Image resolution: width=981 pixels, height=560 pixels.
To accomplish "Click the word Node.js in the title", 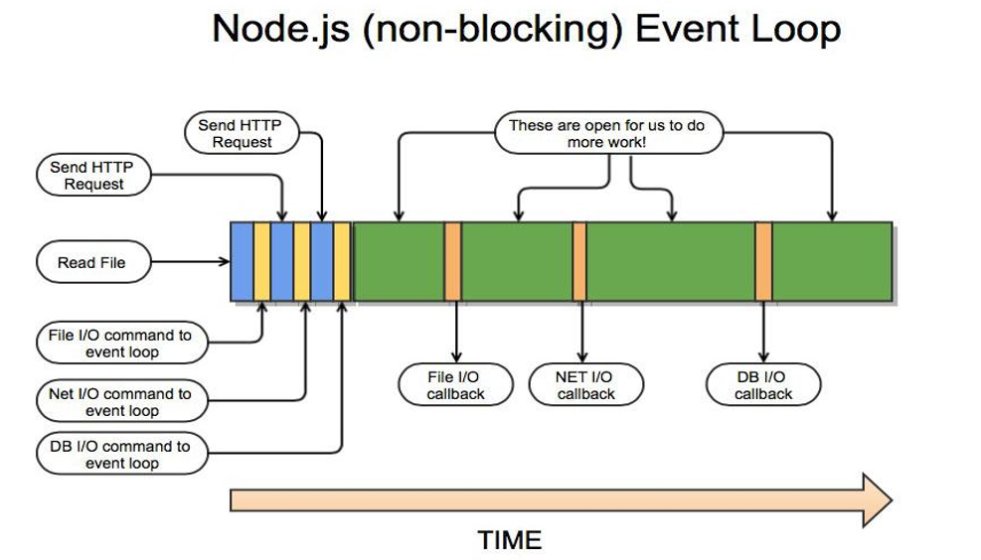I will tap(282, 29).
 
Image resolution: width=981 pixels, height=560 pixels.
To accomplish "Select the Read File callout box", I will tap(90, 263).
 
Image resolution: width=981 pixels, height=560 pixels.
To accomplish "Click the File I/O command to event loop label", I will tap(120, 344).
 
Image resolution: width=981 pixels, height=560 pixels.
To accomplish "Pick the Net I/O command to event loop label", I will tap(120, 402).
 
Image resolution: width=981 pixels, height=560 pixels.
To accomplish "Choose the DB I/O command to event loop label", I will tap(120, 455).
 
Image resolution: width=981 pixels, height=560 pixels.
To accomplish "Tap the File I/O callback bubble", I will tap(455, 385).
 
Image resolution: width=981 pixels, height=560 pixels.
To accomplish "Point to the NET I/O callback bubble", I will tap(584, 385).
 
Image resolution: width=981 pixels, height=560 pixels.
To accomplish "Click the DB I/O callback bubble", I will tap(762, 385).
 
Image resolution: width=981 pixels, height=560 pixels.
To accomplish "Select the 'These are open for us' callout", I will tap(606, 134).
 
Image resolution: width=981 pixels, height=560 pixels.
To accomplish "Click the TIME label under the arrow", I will tap(509, 539).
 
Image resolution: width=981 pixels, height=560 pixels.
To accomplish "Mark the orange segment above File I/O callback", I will tap(452, 261).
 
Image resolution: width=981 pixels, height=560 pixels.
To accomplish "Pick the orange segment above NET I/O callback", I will tap(579, 261).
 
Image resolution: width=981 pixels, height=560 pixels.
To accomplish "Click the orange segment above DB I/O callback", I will tap(763, 261).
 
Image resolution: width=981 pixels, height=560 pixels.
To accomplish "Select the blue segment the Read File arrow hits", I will tap(242, 261).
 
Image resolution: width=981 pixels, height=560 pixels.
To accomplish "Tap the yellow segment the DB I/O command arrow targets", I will tap(342, 261).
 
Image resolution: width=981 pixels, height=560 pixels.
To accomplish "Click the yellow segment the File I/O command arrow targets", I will tap(262, 261).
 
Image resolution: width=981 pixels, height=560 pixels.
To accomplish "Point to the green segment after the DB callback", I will tap(832, 261).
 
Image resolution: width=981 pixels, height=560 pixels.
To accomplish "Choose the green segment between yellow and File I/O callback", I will tap(399, 261).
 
